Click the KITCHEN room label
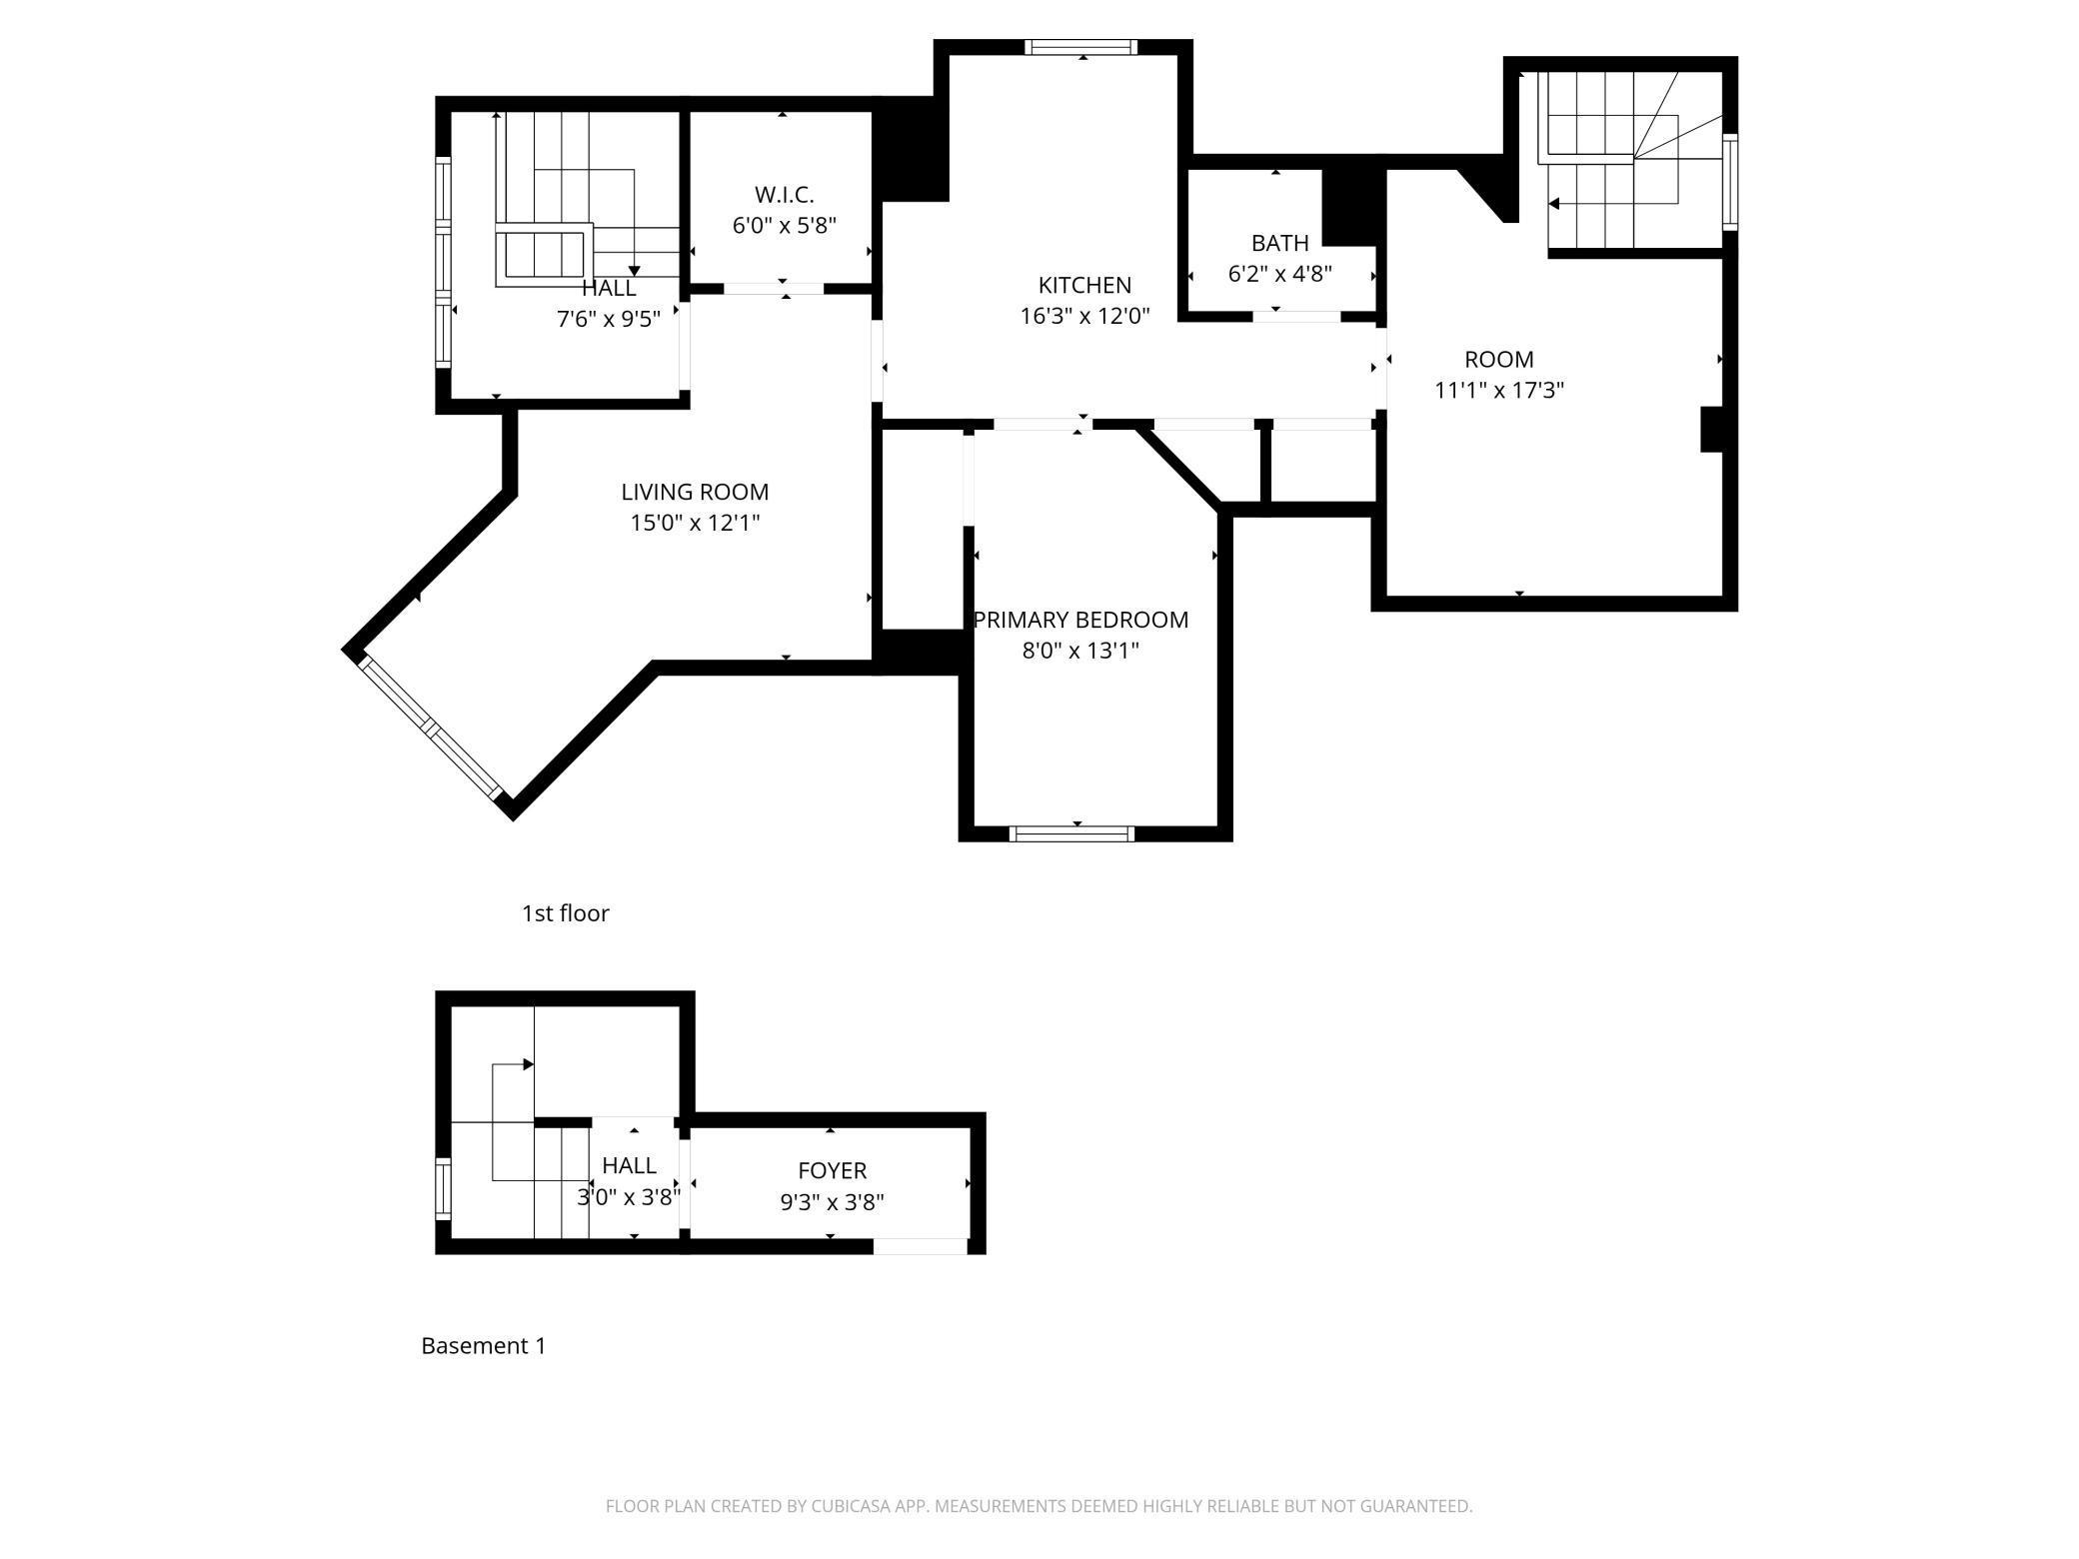click(1084, 285)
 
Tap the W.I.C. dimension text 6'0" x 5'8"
click(785, 225)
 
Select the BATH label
click(1280, 243)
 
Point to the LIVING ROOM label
click(695, 492)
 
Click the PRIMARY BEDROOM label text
click(1080, 620)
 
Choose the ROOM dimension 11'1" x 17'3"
click(1499, 390)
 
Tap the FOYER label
click(832, 1170)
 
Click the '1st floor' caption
click(565, 913)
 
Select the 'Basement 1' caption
click(484, 1346)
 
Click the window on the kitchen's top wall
click(1081, 47)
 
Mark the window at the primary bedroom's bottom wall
click(1071, 833)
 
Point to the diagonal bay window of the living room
click(432, 727)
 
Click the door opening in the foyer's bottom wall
click(921, 1246)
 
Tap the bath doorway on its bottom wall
click(1297, 317)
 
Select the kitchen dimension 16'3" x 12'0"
click(1084, 317)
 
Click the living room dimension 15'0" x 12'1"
click(695, 523)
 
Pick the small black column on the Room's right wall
click(1712, 430)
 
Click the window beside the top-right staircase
click(1730, 182)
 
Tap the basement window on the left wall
click(443, 1188)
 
